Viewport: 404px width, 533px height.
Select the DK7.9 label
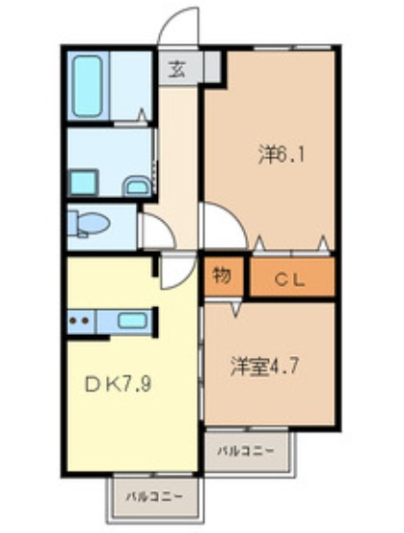click(x=119, y=386)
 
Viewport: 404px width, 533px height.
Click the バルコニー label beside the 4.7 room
click(x=244, y=450)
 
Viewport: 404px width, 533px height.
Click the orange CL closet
click(x=292, y=278)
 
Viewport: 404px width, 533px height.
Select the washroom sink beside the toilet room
click(x=137, y=185)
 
